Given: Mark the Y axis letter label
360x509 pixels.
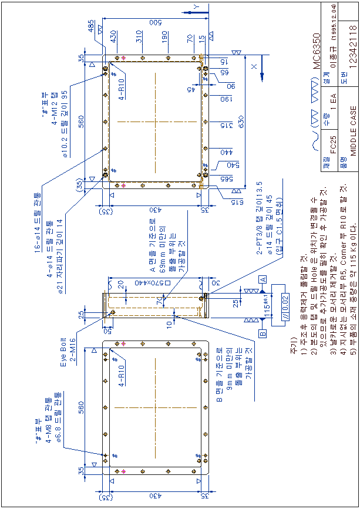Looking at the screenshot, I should (197, 6).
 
